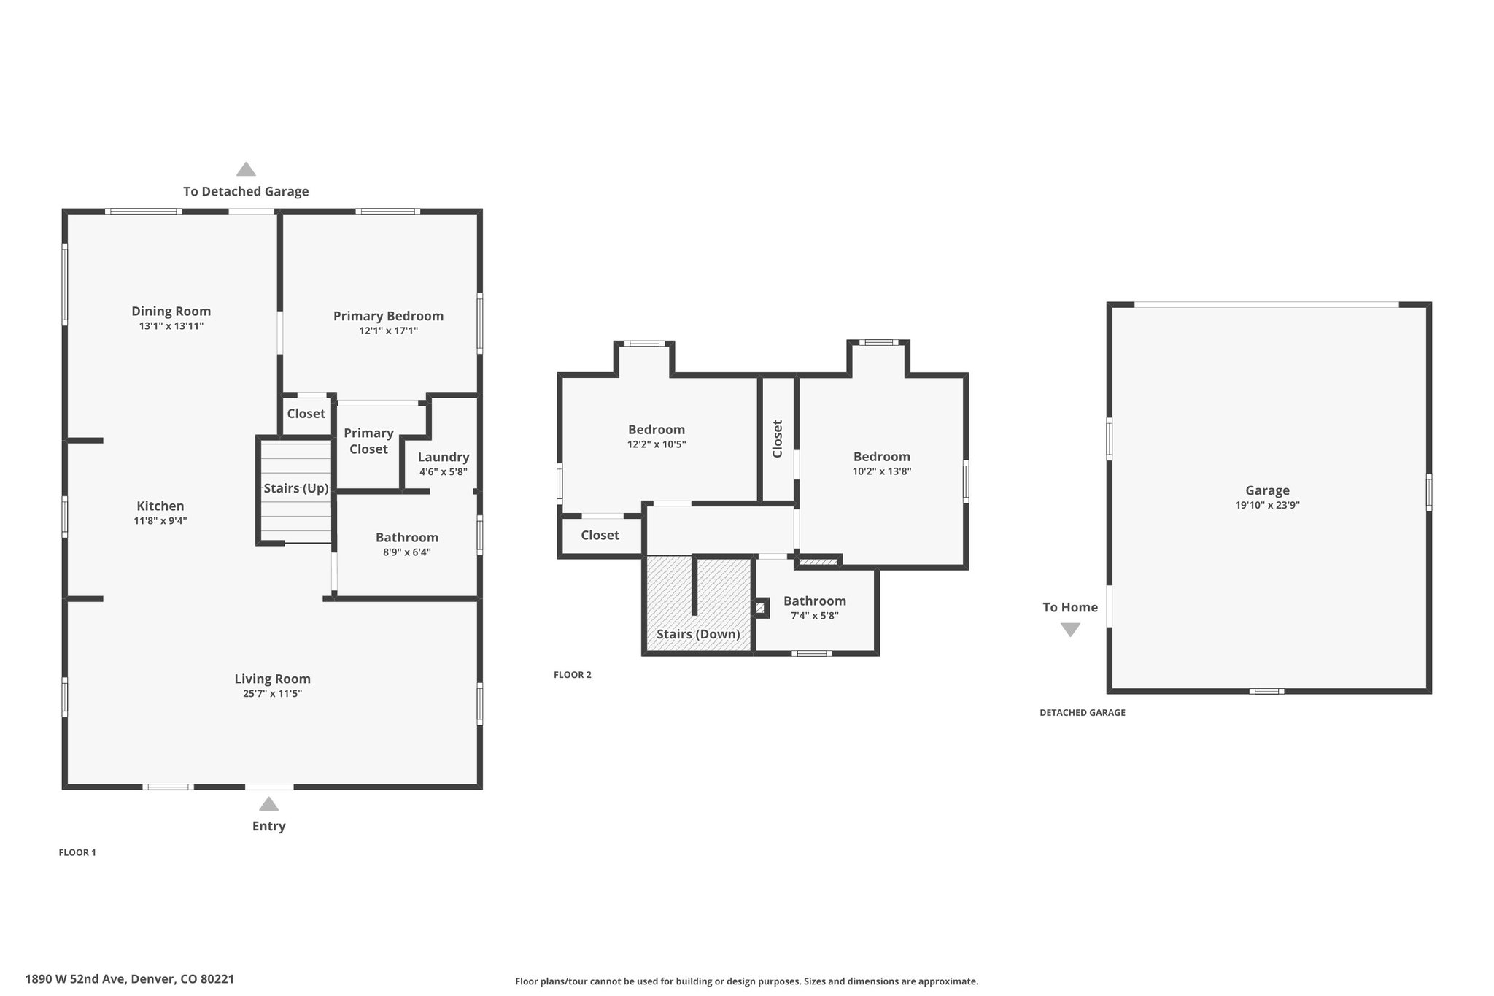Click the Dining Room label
[x=171, y=312]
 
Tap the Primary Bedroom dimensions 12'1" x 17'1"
[x=388, y=331]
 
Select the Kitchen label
[x=160, y=506]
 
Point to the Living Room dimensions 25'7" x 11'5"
[x=272, y=693]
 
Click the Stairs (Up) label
[x=296, y=488]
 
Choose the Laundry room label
[x=444, y=458]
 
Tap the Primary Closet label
[x=368, y=441]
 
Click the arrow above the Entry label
[x=268, y=804]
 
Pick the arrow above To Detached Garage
[x=246, y=169]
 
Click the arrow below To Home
[x=1070, y=630]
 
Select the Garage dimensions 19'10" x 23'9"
[x=1268, y=505]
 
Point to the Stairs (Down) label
[x=698, y=634]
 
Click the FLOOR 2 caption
[x=573, y=675]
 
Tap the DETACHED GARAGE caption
[x=1083, y=713]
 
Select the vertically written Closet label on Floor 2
[x=778, y=439]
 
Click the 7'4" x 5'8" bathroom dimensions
[x=815, y=616]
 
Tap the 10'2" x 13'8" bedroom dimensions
[x=882, y=471]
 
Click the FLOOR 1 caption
[x=77, y=852]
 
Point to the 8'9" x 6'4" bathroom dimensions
[x=407, y=552]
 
